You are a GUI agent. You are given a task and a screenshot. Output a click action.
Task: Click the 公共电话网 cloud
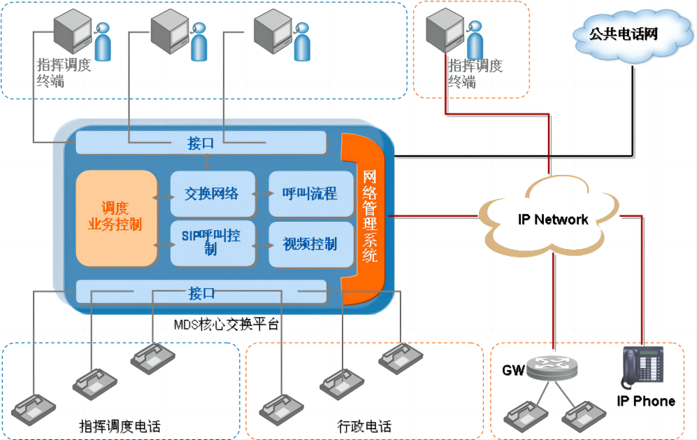[x=624, y=35]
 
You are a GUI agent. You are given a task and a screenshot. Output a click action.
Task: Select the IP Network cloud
[x=552, y=219]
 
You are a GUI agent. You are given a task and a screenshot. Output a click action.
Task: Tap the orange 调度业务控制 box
[x=116, y=217]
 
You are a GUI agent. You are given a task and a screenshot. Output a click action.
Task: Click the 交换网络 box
[x=212, y=193]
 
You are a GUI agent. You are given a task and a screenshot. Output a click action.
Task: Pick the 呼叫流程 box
[x=310, y=193]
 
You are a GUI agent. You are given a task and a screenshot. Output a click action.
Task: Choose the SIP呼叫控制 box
[x=212, y=243]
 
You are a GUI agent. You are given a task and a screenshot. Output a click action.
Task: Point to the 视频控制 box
[x=310, y=243]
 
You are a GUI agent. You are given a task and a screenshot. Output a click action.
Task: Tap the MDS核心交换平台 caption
[x=226, y=325]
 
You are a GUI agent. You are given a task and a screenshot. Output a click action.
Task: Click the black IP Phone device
[x=637, y=368]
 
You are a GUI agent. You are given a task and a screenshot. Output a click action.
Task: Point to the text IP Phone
[x=646, y=401]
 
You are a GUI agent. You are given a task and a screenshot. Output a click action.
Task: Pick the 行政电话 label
[x=364, y=426]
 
